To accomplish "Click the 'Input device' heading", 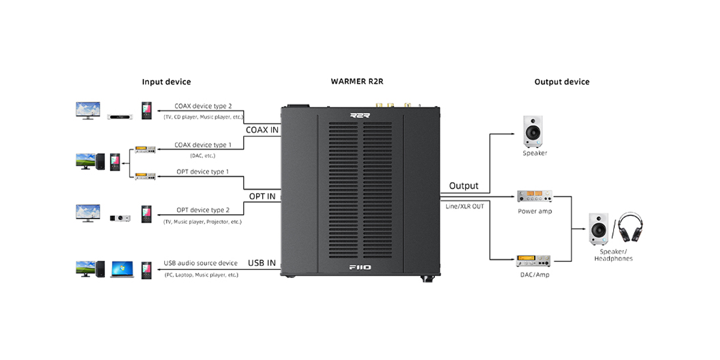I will [x=166, y=82].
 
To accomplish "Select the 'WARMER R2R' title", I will [x=357, y=81].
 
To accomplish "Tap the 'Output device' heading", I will [x=562, y=82].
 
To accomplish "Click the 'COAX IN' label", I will [x=262, y=130].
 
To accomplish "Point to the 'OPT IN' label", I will [x=262, y=196].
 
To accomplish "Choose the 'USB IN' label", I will [x=262, y=263].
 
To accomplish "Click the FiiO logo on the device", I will [x=360, y=268].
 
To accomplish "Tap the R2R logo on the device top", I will [x=360, y=116].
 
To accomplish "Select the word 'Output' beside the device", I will [x=464, y=185].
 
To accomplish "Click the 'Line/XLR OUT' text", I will [x=464, y=206].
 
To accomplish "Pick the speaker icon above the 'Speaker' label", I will [x=534, y=132].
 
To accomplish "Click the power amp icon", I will [x=535, y=196].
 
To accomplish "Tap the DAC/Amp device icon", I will [x=534, y=262].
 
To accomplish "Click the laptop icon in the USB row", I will [x=121, y=268].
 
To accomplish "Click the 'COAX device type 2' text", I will [x=203, y=106].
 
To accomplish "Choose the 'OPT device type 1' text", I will [x=203, y=172].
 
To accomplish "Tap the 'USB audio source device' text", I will [x=200, y=263].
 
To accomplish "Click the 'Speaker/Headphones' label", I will [x=613, y=255].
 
